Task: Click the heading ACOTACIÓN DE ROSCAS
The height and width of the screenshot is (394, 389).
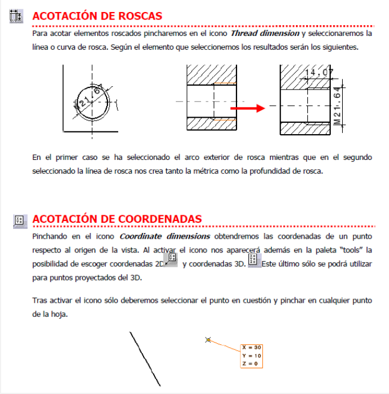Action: (x=97, y=16)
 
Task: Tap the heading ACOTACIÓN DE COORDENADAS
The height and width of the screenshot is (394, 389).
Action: (x=117, y=219)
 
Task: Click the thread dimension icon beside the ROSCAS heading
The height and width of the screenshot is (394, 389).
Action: (x=16, y=17)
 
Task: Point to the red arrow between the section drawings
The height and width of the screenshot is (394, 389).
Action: (x=247, y=107)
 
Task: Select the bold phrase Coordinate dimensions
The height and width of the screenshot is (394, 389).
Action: (x=165, y=236)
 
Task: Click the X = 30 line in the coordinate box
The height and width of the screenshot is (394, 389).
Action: (x=251, y=347)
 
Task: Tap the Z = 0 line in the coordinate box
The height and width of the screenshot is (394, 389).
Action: (x=250, y=363)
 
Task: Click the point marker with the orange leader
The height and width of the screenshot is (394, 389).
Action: (x=208, y=340)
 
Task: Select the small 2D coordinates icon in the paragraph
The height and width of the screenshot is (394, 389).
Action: (x=170, y=259)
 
